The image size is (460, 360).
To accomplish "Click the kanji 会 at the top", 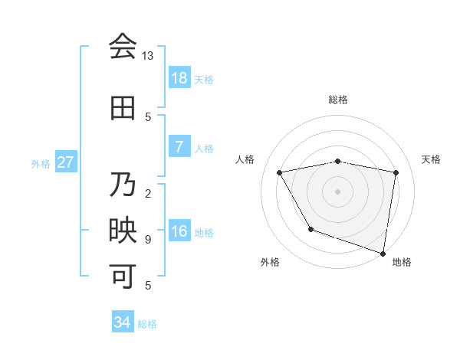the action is coord(123,47).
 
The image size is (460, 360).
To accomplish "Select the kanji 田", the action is coord(123,108).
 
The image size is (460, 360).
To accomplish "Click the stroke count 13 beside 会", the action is coord(148,56).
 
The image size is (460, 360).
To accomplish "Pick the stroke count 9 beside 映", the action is coord(148,240).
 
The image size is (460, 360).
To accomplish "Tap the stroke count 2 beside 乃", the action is coord(148,193).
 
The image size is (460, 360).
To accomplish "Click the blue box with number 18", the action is coord(179,77).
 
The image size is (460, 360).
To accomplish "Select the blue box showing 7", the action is coord(179,146).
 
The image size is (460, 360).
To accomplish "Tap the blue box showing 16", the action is coord(179,231).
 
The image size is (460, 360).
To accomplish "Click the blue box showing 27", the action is coord(66,162).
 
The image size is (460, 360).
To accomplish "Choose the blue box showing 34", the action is coord(123,322).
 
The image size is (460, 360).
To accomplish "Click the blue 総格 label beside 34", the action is coord(147,324).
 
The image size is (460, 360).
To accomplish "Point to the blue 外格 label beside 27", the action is coord(41,163).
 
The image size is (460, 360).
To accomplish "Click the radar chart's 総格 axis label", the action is coord(338,100).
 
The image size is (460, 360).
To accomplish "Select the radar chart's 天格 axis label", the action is coord(432,159).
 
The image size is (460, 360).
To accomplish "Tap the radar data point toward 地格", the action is coord(383,252).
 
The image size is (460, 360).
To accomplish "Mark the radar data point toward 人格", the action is coord(280,172).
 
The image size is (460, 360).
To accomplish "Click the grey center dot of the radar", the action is coord(338,191).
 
